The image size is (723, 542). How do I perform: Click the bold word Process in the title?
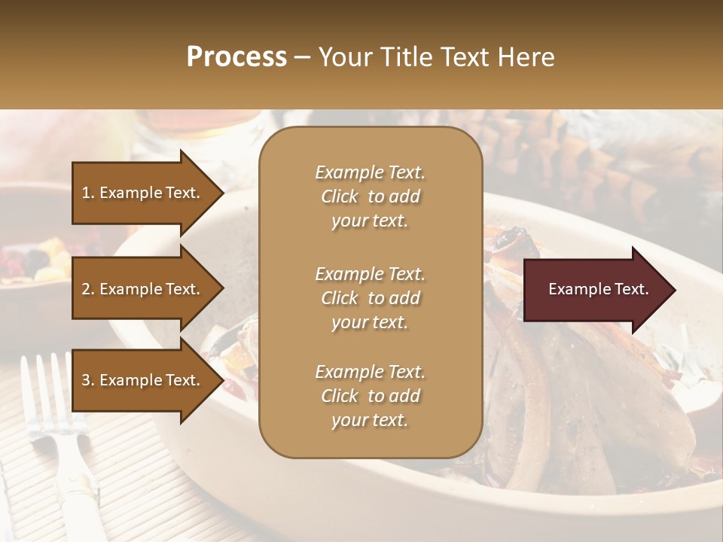coord(236,57)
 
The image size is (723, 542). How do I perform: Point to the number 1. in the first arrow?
coord(88,193)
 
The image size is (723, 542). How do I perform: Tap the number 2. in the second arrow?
coord(88,289)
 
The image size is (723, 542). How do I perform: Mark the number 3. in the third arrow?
coord(88,381)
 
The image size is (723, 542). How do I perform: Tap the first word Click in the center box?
coord(340,197)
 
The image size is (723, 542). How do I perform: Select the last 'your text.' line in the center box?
coord(370,421)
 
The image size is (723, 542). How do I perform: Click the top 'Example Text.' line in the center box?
coord(370,172)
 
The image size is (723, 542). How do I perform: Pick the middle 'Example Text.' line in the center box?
coord(370,274)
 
